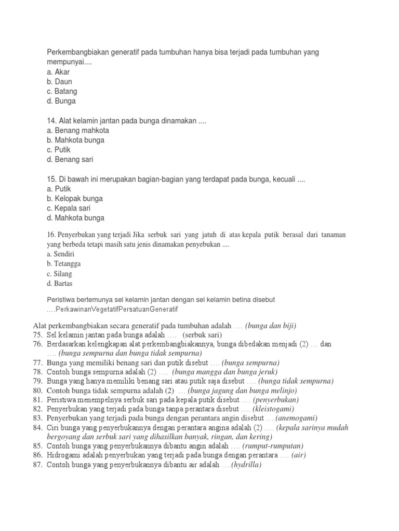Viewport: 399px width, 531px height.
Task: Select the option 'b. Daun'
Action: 59,82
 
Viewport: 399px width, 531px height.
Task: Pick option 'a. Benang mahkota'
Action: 77,131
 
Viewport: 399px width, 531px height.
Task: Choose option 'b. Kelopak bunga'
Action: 74,199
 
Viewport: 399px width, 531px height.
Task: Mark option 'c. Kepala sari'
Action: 68,208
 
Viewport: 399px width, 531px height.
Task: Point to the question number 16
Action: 50,235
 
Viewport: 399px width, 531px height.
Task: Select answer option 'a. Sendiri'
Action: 60,254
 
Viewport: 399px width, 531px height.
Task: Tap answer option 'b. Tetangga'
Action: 63,264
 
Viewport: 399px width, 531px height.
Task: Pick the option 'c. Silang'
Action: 59,274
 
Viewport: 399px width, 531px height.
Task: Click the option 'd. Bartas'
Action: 60,284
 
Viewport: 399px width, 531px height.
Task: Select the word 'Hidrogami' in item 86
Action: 63,455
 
